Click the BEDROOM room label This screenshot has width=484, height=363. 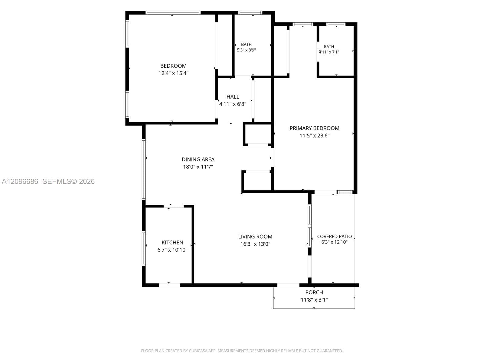tap(173, 66)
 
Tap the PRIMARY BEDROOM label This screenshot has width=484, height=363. tap(314, 128)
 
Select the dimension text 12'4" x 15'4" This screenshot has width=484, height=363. tap(173, 73)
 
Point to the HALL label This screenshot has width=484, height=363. tap(233, 97)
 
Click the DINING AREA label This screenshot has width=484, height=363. tap(198, 159)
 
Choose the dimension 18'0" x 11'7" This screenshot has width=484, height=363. tap(198, 167)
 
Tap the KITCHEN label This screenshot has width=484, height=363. tap(172, 243)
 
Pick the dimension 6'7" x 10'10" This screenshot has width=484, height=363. tap(172, 250)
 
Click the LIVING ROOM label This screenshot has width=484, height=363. tap(255, 237)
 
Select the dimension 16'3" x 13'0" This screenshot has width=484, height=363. tap(255, 244)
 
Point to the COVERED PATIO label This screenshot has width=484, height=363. tap(334, 237)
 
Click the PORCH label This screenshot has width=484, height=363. tap(314, 293)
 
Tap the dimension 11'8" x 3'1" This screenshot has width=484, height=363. tap(314, 300)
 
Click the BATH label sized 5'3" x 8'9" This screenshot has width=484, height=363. tap(246, 44)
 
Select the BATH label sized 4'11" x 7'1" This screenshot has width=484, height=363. tap(329, 47)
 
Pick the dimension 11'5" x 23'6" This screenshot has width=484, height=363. tap(314, 136)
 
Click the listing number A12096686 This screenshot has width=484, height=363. tap(20, 181)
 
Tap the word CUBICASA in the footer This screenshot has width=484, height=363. tap(198, 351)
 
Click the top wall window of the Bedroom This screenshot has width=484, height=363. tap(173, 13)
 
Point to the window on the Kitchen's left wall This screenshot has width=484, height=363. tap(144, 248)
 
